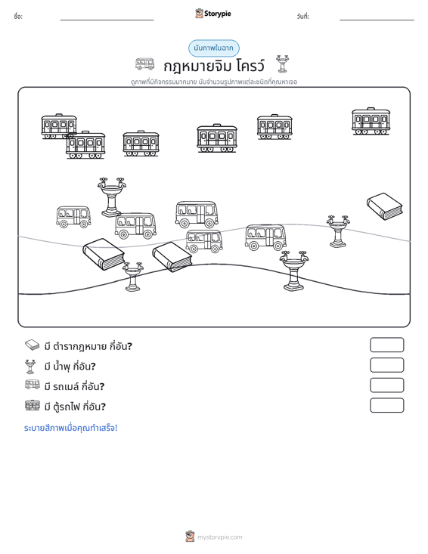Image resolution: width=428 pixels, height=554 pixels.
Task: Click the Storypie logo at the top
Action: (x=213, y=14)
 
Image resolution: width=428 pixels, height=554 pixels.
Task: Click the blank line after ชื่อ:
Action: (x=107, y=20)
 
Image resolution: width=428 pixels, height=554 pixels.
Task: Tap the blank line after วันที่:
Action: (x=377, y=20)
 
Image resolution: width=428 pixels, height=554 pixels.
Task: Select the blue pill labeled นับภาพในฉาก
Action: (x=214, y=48)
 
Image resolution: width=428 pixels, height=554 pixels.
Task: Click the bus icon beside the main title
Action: (x=145, y=64)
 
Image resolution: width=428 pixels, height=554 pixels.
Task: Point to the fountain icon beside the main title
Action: (x=282, y=64)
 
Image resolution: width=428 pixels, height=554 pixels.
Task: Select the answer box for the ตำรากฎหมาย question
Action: (x=387, y=345)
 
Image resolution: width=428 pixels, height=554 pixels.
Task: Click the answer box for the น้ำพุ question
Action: (x=387, y=365)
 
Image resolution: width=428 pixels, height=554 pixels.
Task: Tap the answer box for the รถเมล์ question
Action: (x=387, y=385)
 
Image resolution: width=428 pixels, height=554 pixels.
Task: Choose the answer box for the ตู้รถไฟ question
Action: (x=387, y=405)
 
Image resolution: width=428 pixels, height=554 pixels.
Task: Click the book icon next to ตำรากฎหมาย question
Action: (x=33, y=345)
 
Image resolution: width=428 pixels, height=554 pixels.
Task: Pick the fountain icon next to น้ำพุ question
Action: (x=30, y=367)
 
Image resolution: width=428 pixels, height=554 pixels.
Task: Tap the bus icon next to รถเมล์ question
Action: (x=33, y=385)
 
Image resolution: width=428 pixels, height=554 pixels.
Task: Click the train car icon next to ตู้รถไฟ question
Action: (x=33, y=405)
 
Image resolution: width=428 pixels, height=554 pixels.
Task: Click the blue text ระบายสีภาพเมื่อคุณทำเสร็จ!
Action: (x=70, y=428)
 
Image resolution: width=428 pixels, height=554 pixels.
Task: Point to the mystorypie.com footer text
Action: (x=219, y=537)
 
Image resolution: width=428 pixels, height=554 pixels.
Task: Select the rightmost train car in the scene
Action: (x=371, y=121)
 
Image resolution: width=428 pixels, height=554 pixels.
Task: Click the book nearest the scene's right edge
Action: (x=385, y=206)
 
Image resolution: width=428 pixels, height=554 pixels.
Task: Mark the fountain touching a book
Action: (x=133, y=277)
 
